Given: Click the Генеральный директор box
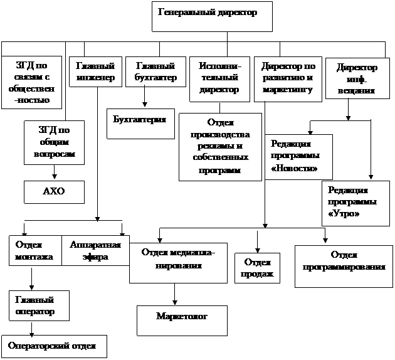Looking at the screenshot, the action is tap(212, 17).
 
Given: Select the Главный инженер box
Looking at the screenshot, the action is tap(95, 71).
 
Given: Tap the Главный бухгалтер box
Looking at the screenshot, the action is tap(155, 71).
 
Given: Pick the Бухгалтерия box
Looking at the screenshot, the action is tap(140, 124).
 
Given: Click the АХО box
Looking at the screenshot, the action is tap(54, 192).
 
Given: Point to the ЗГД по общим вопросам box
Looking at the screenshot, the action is tap(54, 142).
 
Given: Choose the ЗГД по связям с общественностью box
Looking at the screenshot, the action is tap(31, 82).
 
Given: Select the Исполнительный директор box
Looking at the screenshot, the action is tap(219, 80).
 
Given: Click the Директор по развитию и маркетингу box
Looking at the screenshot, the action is tap(288, 80).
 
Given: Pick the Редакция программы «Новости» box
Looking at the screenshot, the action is tap(299, 157).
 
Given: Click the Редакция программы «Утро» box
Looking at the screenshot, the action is tap(355, 203).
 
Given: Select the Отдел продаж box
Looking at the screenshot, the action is tap(257, 268).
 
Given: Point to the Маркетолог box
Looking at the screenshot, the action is tap(182, 320).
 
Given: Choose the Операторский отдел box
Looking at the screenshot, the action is tap(54, 346).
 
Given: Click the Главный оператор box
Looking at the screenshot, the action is tap(39, 305).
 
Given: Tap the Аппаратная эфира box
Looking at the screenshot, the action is tap(95, 250).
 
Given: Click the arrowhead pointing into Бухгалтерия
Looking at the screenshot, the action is tap(145, 103).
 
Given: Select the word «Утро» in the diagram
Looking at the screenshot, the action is tap(344, 214).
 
